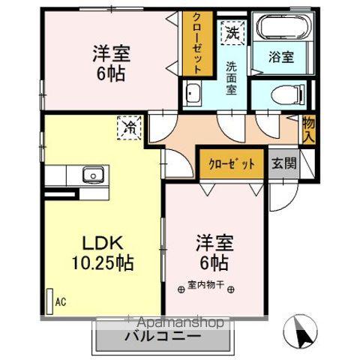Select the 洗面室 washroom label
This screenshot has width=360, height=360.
coord(235,72)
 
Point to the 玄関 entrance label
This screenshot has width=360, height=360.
coord(283,163)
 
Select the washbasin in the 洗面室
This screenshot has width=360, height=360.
coord(193,95)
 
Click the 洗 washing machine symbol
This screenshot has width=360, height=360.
coord(233,34)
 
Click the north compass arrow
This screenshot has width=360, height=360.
coord(299,331)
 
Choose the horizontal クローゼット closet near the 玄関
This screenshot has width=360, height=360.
coord(231,163)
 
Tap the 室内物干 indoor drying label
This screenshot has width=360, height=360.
coord(205,286)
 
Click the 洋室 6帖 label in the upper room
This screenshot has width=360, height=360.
coord(109,63)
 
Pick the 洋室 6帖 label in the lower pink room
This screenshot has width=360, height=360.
coord(213,253)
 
